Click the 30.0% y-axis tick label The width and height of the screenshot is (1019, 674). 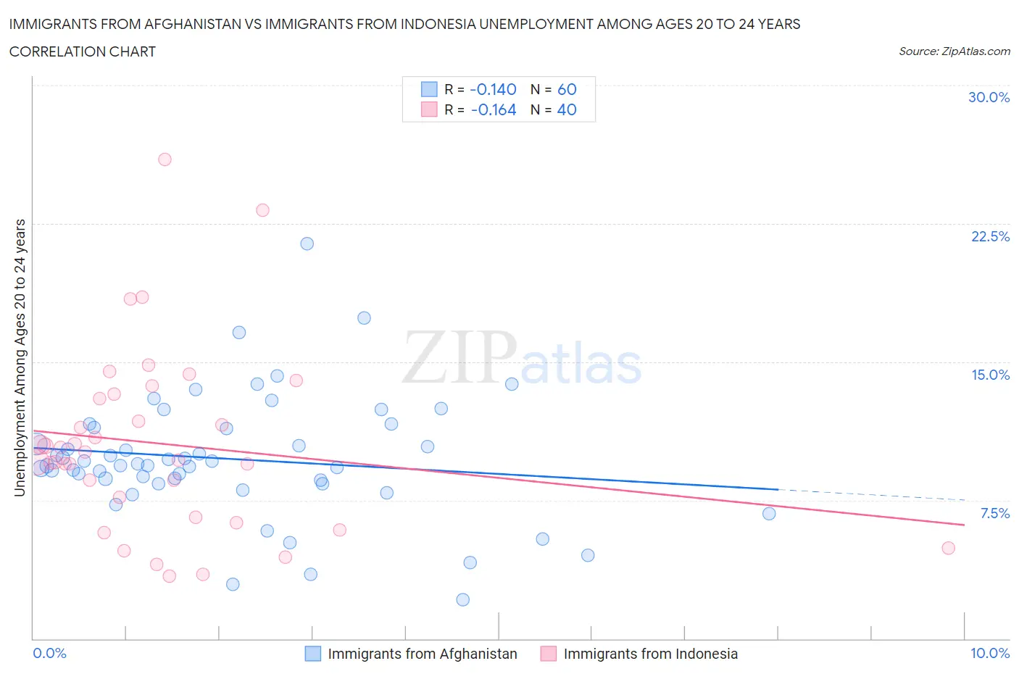(x=989, y=97)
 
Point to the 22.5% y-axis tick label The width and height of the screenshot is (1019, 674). (x=990, y=236)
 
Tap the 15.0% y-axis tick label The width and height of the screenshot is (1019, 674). (x=990, y=375)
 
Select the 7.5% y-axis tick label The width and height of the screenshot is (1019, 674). (x=994, y=513)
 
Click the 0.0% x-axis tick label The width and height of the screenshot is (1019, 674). (x=49, y=653)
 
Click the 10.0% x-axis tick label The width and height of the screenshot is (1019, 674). (x=990, y=653)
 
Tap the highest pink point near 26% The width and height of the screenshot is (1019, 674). (x=165, y=159)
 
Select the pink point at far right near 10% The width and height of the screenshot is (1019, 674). (x=948, y=548)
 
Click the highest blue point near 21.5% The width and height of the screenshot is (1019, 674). (x=307, y=244)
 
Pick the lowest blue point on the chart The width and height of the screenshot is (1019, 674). (x=463, y=599)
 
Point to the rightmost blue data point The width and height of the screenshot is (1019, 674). (x=769, y=514)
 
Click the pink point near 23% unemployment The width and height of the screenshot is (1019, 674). (x=262, y=210)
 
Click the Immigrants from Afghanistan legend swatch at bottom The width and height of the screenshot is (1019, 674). (x=312, y=654)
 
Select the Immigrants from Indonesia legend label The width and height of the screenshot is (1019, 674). (x=650, y=654)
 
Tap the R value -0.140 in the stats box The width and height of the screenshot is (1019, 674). (x=493, y=89)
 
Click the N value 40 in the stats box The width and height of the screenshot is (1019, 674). (x=566, y=110)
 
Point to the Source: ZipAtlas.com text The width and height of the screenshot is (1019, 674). (x=954, y=51)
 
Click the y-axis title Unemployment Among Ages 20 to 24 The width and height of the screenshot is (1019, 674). (x=20, y=357)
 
